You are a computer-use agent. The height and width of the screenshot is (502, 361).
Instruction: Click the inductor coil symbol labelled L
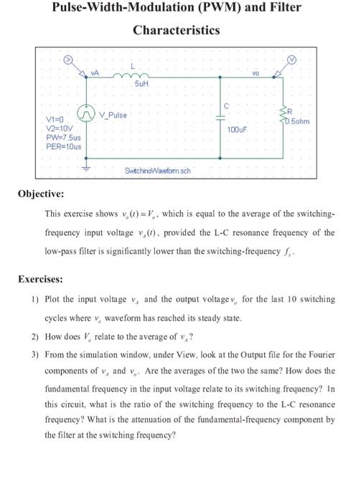[x=140, y=75]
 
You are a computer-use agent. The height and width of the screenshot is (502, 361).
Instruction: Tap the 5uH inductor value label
[x=141, y=85]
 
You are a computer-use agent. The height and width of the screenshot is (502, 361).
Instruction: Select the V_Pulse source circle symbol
[x=88, y=115]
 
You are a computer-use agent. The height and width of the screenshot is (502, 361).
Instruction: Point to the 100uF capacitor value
[x=237, y=130]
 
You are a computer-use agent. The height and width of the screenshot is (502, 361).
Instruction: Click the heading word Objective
[x=42, y=194]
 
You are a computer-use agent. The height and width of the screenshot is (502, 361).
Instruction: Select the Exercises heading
[x=41, y=279]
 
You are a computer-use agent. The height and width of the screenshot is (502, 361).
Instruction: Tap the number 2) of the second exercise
[x=34, y=336]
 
